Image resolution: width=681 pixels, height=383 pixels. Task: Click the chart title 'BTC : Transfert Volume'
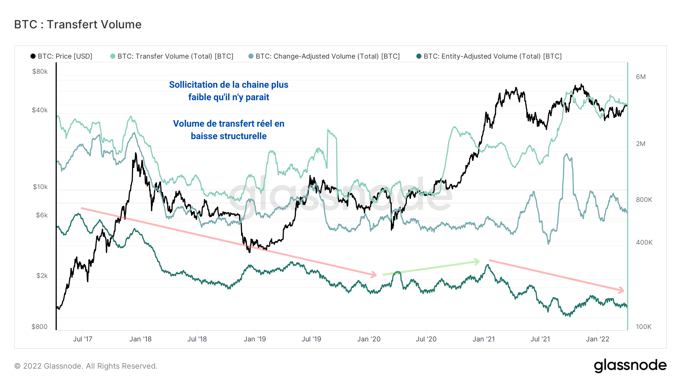coord(78,25)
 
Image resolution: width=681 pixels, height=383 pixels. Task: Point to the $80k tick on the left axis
coord(40,71)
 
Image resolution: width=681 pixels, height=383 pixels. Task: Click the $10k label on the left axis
coord(40,187)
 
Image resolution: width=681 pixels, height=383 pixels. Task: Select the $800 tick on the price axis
coord(39,327)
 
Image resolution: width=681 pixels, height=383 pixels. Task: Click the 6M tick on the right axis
coord(641,77)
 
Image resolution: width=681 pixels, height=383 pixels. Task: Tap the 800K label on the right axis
coord(644,200)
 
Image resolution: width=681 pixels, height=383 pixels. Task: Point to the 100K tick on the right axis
coord(644,327)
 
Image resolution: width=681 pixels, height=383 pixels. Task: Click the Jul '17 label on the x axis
coord(82,339)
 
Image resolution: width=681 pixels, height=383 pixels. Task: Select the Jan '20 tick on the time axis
coord(369,339)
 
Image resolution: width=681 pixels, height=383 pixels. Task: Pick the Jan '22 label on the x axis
coord(597,339)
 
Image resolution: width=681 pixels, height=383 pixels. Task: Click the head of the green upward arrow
coord(477,261)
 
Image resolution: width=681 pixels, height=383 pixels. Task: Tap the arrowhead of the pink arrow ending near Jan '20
coord(374,275)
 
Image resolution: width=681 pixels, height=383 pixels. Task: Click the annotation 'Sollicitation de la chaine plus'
coord(229,85)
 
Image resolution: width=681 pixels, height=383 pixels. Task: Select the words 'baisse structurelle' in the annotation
coord(229,136)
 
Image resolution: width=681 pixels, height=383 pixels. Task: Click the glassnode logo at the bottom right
coord(630,366)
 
